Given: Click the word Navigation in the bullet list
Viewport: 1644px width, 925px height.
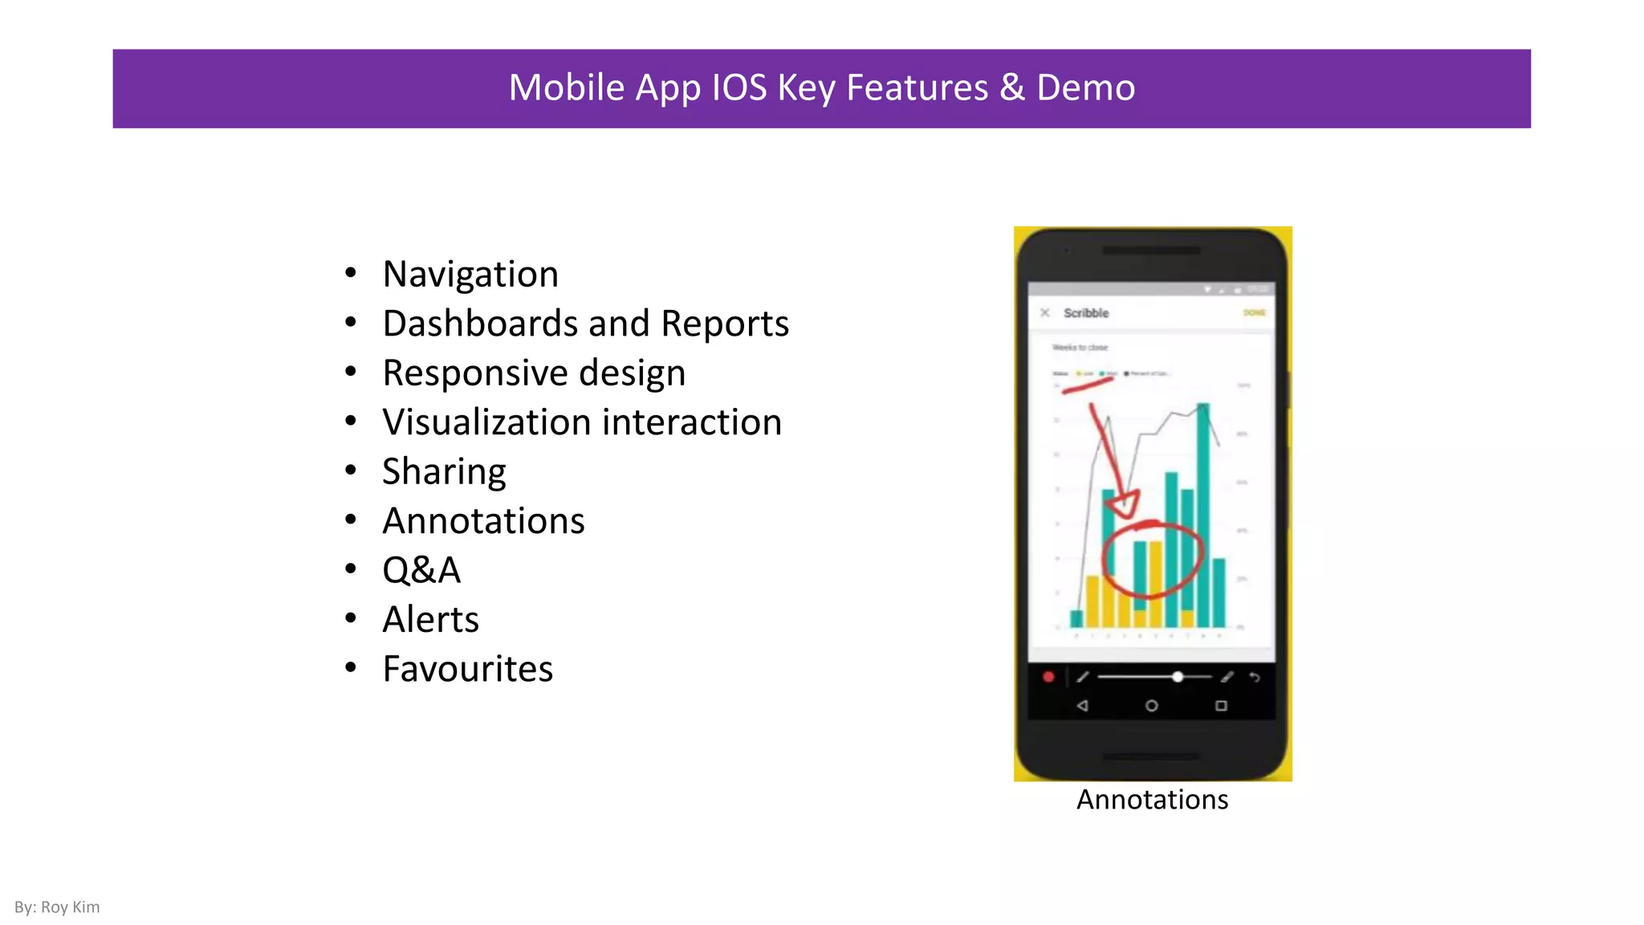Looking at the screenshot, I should pyautogui.click(x=470, y=275).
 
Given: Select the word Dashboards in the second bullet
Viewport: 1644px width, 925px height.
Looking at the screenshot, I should pyautogui.click(x=480, y=324).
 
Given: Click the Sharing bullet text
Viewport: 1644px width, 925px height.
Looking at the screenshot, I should pyautogui.click(x=444, y=472).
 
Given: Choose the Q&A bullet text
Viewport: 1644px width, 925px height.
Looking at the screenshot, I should pyautogui.click(x=421, y=570).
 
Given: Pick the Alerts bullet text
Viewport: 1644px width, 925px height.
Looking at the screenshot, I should pyautogui.click(x=430, y=620).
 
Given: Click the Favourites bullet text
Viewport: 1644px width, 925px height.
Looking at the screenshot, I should pyautogui.click(x=467, y=669).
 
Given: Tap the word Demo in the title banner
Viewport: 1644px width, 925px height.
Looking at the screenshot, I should pyautogui.click(x=1085, y=88).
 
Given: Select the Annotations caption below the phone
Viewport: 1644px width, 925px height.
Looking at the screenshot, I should pyautogui.click(x=1152, y=800).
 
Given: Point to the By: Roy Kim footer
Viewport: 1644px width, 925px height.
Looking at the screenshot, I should pyautogui.click(x=57, y=907).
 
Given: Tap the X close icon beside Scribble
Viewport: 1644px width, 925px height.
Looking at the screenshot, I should pyautogui.click(x=1044, y=312).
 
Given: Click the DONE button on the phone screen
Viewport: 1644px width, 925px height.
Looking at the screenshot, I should pyautogui.click(x=1254, y=312).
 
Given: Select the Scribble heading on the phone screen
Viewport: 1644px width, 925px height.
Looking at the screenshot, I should pyautogui.click(x=1086, y=313).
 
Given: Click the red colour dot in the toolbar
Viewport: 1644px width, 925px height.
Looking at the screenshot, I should pyautogui.click(x=1048, y=677).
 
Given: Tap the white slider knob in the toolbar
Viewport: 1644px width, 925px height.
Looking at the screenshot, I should pyautogui.click(x=1177, y=677).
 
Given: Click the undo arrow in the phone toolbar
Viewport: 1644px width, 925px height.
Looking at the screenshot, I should pyautogui.click(x=1255, y=678).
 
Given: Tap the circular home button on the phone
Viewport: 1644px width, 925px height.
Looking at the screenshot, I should pyautogui.click(x=1151, y=706).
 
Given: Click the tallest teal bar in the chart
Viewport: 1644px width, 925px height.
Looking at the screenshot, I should pyautogui.click(x=1203, y=514).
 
